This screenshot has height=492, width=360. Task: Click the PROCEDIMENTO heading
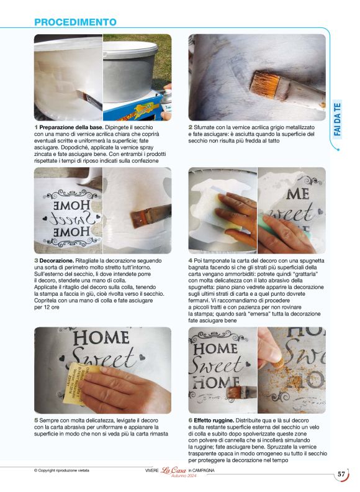click(75, 22)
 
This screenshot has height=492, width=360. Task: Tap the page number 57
click(341, 474)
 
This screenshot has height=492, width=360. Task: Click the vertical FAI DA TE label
click(337, 119)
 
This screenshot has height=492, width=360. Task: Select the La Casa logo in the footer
click(173, 470)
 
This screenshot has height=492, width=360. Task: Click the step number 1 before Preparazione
click(36, 127)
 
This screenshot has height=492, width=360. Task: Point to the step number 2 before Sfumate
click(191, 127)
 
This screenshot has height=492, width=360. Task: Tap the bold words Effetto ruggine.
click(214, 421)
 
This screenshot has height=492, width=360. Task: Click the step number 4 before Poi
click(191, 261)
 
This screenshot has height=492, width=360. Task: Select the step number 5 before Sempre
click(36, 421)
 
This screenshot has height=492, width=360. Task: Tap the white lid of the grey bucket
click(130, 48)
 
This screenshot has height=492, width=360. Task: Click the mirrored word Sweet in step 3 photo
click(71, 219)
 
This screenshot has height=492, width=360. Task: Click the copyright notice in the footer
click(61, 470)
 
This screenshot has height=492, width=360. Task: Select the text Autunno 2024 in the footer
click(184, 476)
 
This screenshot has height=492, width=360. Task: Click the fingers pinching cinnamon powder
click(269, 348)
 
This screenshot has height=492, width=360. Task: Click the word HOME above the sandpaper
click(101, 338)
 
